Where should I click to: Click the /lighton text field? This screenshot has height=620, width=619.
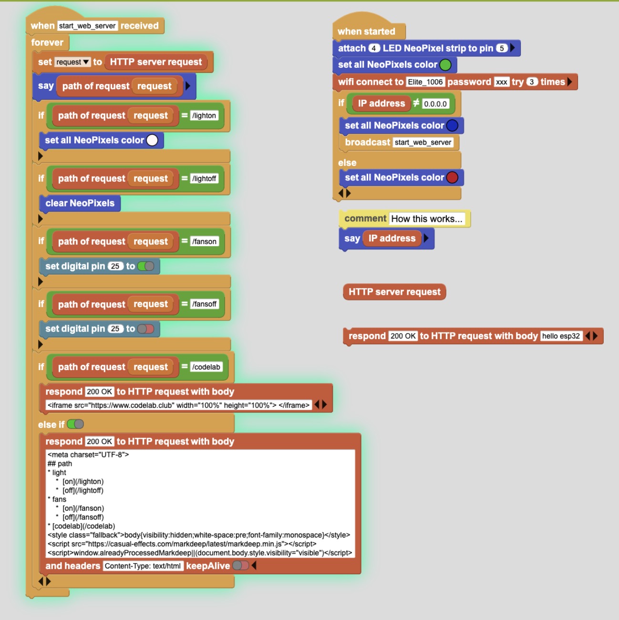[204, 115]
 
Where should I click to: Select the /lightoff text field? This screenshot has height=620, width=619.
[204, 178]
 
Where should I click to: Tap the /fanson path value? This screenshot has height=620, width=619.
[204, 241]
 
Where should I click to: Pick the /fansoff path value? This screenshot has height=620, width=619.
[204, 304]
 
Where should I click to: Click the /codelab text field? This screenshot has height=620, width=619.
[206, 367]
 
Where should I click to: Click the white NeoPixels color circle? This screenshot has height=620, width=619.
[152, 140]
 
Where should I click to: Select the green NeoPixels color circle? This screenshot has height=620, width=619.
[445, 65]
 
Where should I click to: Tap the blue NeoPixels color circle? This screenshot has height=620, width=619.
[452, 125]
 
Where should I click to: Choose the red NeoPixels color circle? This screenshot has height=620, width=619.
[452, 177]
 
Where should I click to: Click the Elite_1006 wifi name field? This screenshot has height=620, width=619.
[425, 82]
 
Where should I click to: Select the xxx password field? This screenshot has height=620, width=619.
[502, 82]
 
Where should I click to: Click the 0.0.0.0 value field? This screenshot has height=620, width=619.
[435, 103]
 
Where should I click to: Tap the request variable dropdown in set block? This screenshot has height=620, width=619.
[72, 62]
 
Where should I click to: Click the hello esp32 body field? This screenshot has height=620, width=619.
[561, 336]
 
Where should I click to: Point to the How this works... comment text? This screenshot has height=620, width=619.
[427, 219]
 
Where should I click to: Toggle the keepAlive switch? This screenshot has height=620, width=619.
[241, 565]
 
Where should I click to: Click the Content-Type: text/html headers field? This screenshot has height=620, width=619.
[143, 566]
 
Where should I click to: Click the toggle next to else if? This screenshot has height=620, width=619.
[76, 424]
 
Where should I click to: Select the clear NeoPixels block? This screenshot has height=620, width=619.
[80, 203]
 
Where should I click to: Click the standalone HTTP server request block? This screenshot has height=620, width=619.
[394, 292]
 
